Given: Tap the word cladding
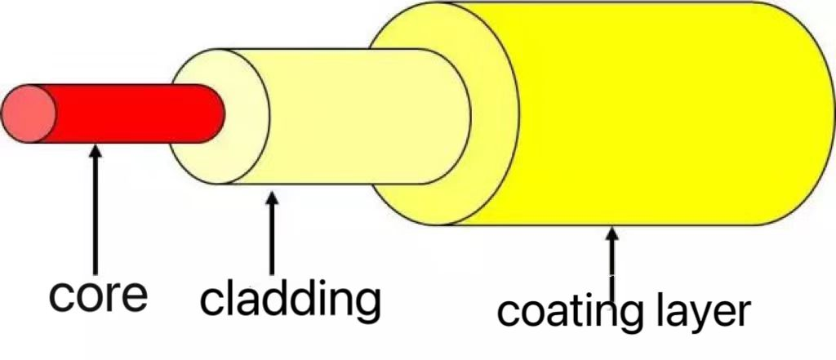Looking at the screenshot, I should click(x=290, y=300).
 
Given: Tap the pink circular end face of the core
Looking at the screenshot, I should click(x=29, y=113).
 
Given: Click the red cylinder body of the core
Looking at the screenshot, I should click(x=131, y=113).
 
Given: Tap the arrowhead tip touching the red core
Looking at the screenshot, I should click(x=96, y=146).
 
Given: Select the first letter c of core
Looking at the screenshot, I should click(x=61, y=296).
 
